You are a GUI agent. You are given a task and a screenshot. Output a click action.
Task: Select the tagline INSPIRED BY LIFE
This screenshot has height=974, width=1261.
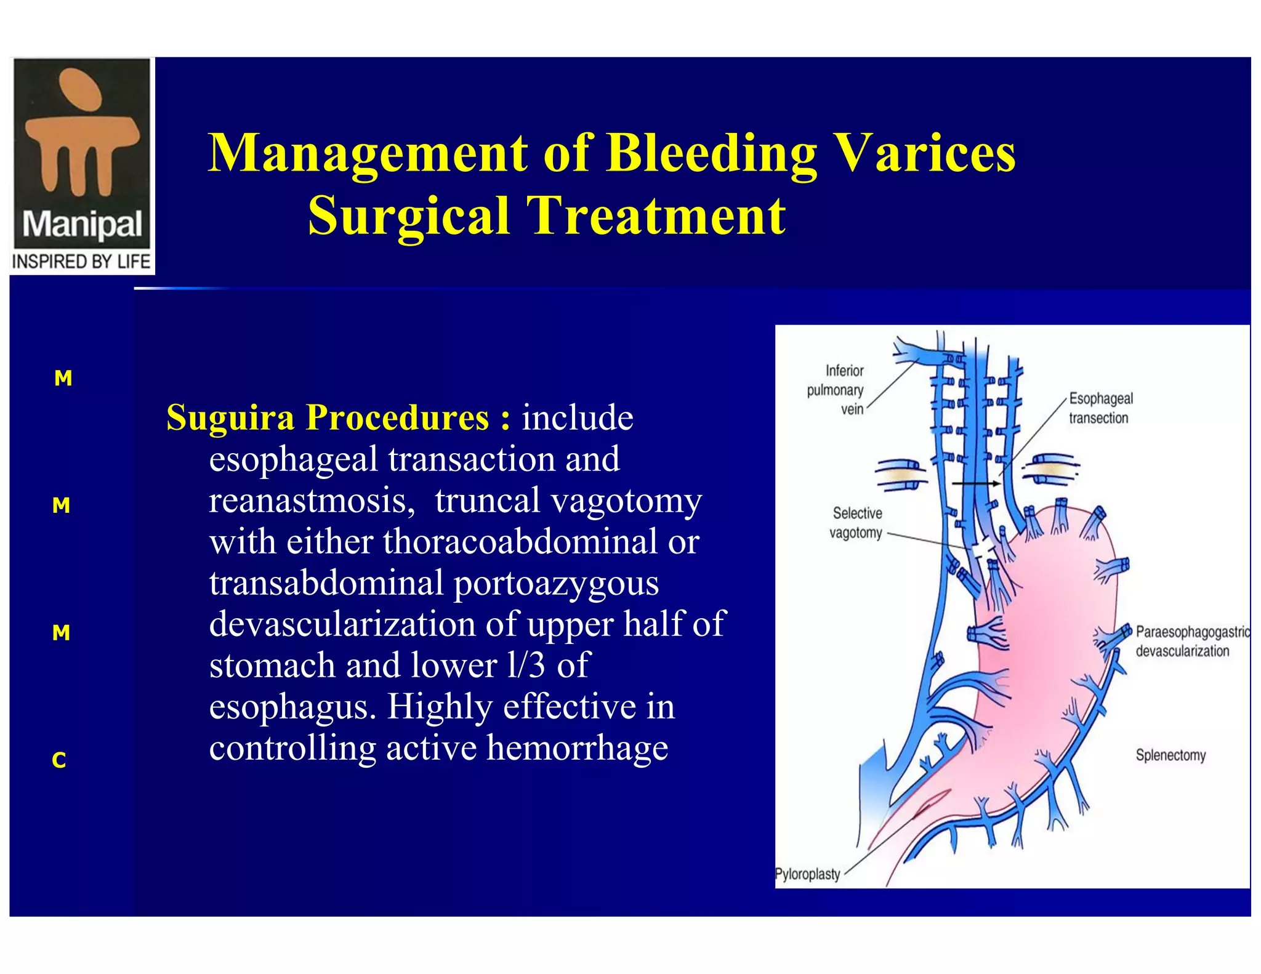coord(81,262)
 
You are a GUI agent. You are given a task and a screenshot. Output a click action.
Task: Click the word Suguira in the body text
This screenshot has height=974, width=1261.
coord(230,417)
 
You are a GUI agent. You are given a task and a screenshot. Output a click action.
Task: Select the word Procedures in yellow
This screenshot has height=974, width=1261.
coord(398,417)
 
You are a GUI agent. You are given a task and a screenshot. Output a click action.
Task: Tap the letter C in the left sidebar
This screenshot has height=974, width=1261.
coord(59,760)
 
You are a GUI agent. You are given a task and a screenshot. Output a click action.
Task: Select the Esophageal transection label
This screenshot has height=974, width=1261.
coord(1100,408)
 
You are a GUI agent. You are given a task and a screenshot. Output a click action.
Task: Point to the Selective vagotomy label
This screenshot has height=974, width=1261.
coord(856,523)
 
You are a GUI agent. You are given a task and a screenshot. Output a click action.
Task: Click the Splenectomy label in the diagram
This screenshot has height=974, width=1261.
coord(1170,755)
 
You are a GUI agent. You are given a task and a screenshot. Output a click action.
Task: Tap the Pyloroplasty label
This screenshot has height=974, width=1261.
coord(807,874)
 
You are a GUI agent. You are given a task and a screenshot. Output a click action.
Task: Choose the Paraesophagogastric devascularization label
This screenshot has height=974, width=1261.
coord(1191,641)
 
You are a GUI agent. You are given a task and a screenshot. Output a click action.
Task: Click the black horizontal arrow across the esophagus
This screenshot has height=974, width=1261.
coord(976,484)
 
